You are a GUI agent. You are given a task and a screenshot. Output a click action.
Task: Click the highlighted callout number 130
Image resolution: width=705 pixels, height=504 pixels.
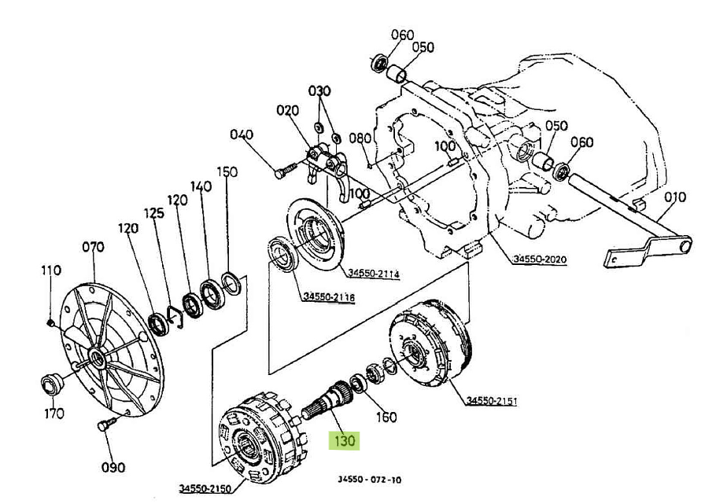point(344,440)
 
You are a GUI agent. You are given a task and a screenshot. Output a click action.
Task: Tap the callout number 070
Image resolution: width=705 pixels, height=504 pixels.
point(93,247)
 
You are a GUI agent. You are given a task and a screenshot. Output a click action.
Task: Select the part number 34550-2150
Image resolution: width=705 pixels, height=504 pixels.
point(205,487)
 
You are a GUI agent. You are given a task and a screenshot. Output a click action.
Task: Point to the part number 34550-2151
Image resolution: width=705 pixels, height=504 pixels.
point(492,400)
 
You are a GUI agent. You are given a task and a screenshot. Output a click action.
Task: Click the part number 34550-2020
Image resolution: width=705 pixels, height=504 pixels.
point(540,259)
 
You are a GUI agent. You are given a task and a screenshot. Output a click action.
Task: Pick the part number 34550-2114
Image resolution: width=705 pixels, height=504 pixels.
point(374,273)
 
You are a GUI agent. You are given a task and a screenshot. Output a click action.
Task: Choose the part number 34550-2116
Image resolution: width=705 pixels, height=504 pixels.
point(329,296)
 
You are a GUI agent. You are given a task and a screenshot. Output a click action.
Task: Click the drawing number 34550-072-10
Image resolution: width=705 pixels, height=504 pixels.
point(369,480)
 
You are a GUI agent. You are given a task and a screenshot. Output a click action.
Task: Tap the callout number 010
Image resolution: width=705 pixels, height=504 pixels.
point(675,197)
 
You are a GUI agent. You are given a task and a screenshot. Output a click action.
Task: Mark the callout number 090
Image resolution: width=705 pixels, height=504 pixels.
point(113,467)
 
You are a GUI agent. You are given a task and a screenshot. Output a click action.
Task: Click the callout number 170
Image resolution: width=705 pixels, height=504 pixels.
point(54,413)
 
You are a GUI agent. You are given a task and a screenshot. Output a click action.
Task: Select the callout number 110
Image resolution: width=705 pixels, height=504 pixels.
point(51,270)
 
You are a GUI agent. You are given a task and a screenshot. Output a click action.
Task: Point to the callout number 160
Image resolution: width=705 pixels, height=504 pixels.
point(386,418)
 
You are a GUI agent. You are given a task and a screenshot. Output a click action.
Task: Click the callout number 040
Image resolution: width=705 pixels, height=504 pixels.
point(242,134)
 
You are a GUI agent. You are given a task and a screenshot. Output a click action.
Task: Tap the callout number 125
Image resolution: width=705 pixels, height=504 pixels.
point(154,213)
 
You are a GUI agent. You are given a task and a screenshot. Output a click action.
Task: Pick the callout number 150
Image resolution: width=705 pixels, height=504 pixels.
point(227,171)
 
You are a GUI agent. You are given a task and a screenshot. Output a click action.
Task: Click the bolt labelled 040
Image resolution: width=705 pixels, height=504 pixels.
point(286,171)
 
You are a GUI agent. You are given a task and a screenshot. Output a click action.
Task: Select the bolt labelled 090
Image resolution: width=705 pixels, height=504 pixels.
point(107,424)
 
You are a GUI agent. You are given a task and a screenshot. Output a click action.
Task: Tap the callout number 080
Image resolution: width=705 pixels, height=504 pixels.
point(360,138)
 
